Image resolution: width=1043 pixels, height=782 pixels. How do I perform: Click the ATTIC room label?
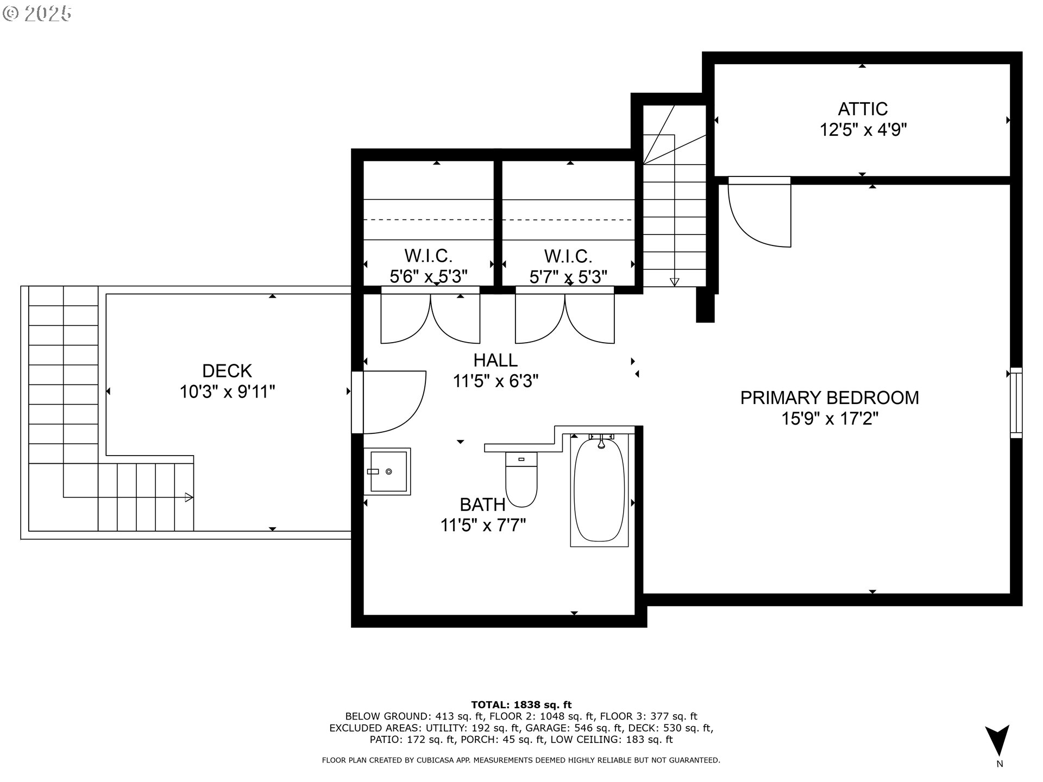click(x=863, y=109)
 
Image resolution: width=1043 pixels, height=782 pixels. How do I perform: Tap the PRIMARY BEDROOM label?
click(x=829, y=398)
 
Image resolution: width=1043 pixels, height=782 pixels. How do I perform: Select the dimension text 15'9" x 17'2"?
click(x=829, y=419)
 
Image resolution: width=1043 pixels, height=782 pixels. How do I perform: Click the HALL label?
click(x=495, y=360)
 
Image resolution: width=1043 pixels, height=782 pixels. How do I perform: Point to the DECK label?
click(x=227, y=371)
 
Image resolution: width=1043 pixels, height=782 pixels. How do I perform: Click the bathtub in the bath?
click(x=599, y=490)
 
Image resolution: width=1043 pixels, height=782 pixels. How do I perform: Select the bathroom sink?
click(x=388, y=471)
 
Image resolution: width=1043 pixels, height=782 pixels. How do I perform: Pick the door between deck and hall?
click(x=388, y=402)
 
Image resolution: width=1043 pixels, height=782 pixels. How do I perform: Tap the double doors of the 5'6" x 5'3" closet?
click(x=430, y=319)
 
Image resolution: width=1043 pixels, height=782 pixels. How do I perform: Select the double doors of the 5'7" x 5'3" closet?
click(x=565, y=319)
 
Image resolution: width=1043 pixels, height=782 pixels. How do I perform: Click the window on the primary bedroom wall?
click(x=1016, y=402)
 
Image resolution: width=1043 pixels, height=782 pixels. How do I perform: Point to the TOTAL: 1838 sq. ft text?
click(x=521, y=705)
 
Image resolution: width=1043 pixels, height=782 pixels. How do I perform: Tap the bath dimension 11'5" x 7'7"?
click(x=483, y=525)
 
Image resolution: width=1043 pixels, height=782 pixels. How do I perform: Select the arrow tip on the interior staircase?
click(x=674, y=282)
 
